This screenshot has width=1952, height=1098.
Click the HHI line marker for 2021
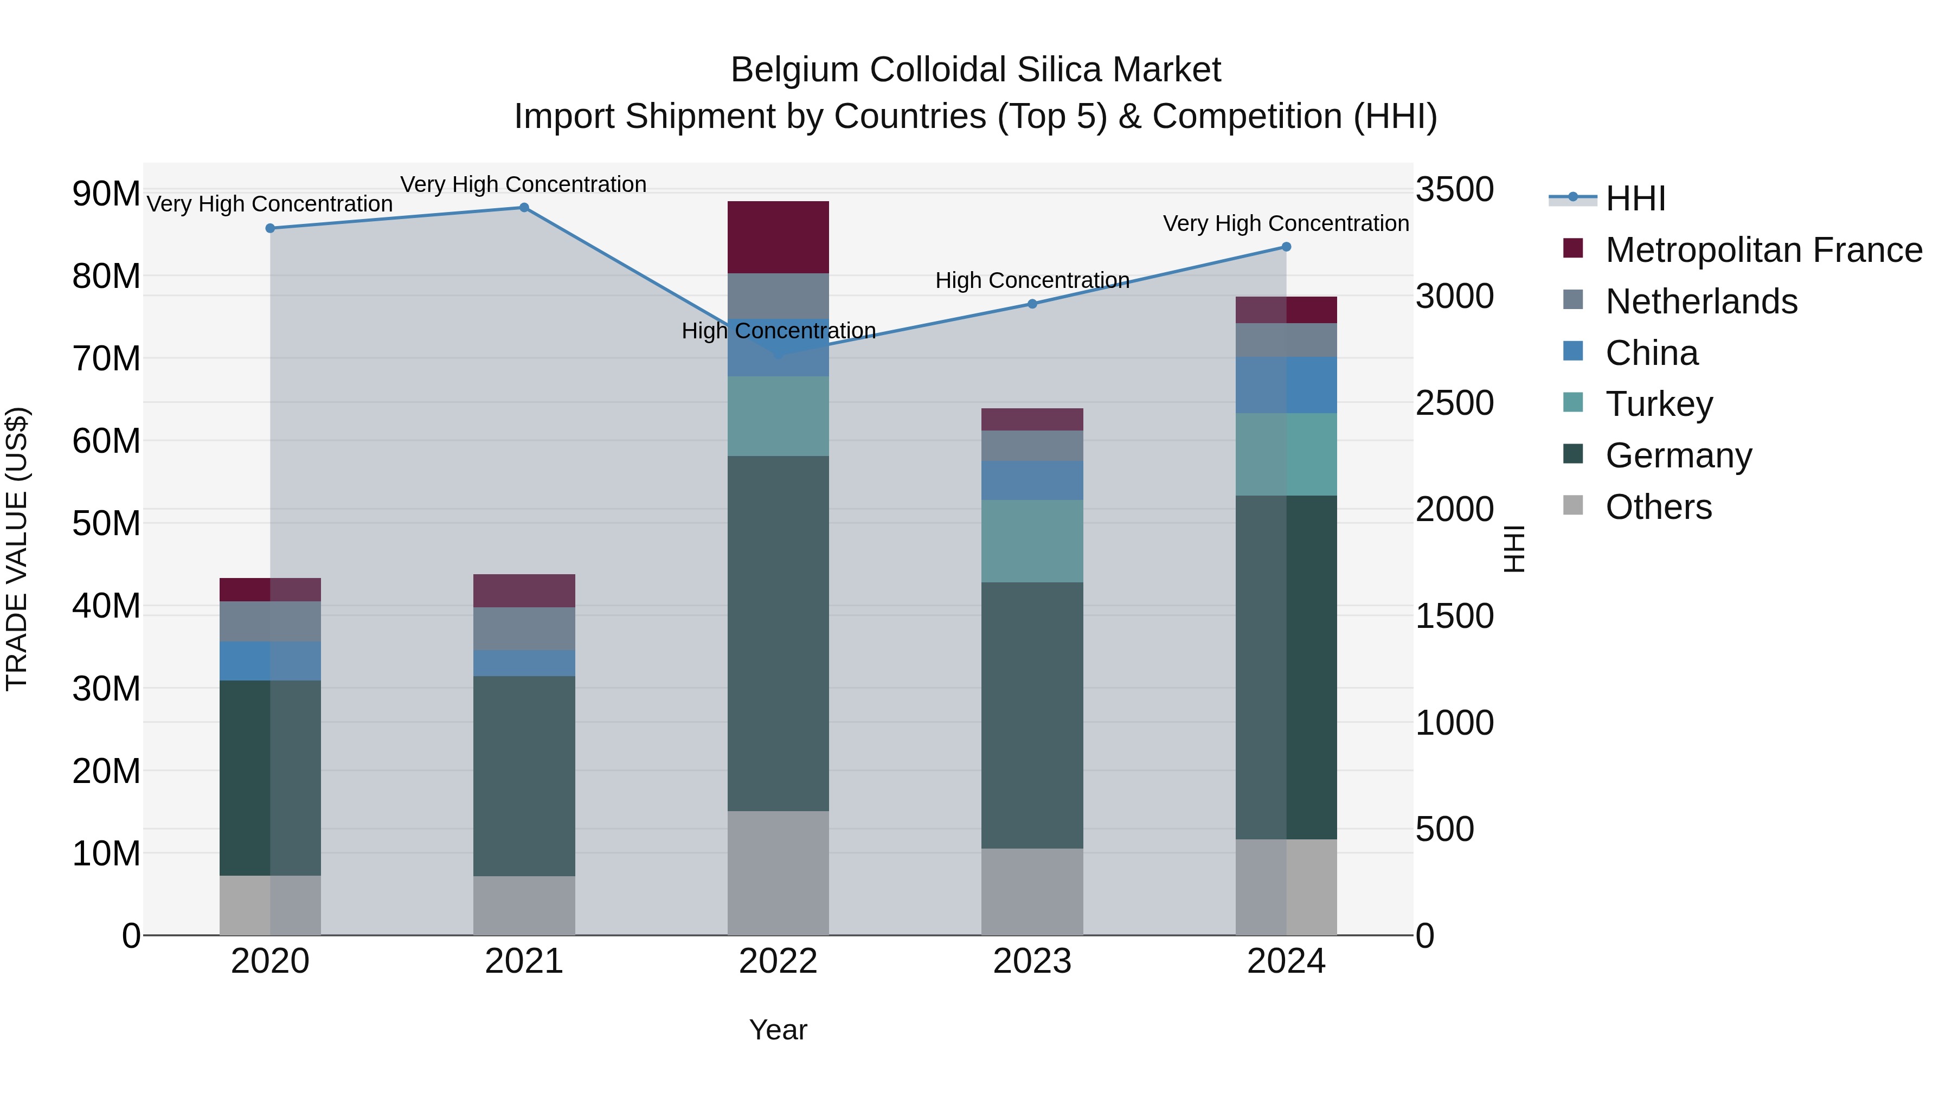pos(524,208)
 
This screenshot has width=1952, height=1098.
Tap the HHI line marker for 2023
pos(1032,304)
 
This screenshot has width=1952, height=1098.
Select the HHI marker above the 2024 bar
pos(1286,247)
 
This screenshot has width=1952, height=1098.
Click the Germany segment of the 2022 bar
pos(778,633)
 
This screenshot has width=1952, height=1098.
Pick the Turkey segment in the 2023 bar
pos(1032,541)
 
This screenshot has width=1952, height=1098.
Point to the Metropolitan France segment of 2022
pos(778,237)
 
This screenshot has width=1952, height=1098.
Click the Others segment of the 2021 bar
pos(524,906)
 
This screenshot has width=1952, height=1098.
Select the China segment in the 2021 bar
pos(524,663)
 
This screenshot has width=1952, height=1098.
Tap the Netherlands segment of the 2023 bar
pos(1032,446)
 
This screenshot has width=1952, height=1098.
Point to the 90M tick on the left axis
pos(106,194)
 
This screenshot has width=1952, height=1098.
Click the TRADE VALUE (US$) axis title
pos(17,549)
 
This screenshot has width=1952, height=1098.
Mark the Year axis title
pos(778,1030)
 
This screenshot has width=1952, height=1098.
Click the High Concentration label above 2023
pos(1032,280)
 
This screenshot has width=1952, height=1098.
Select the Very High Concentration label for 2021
pos(524,184)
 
